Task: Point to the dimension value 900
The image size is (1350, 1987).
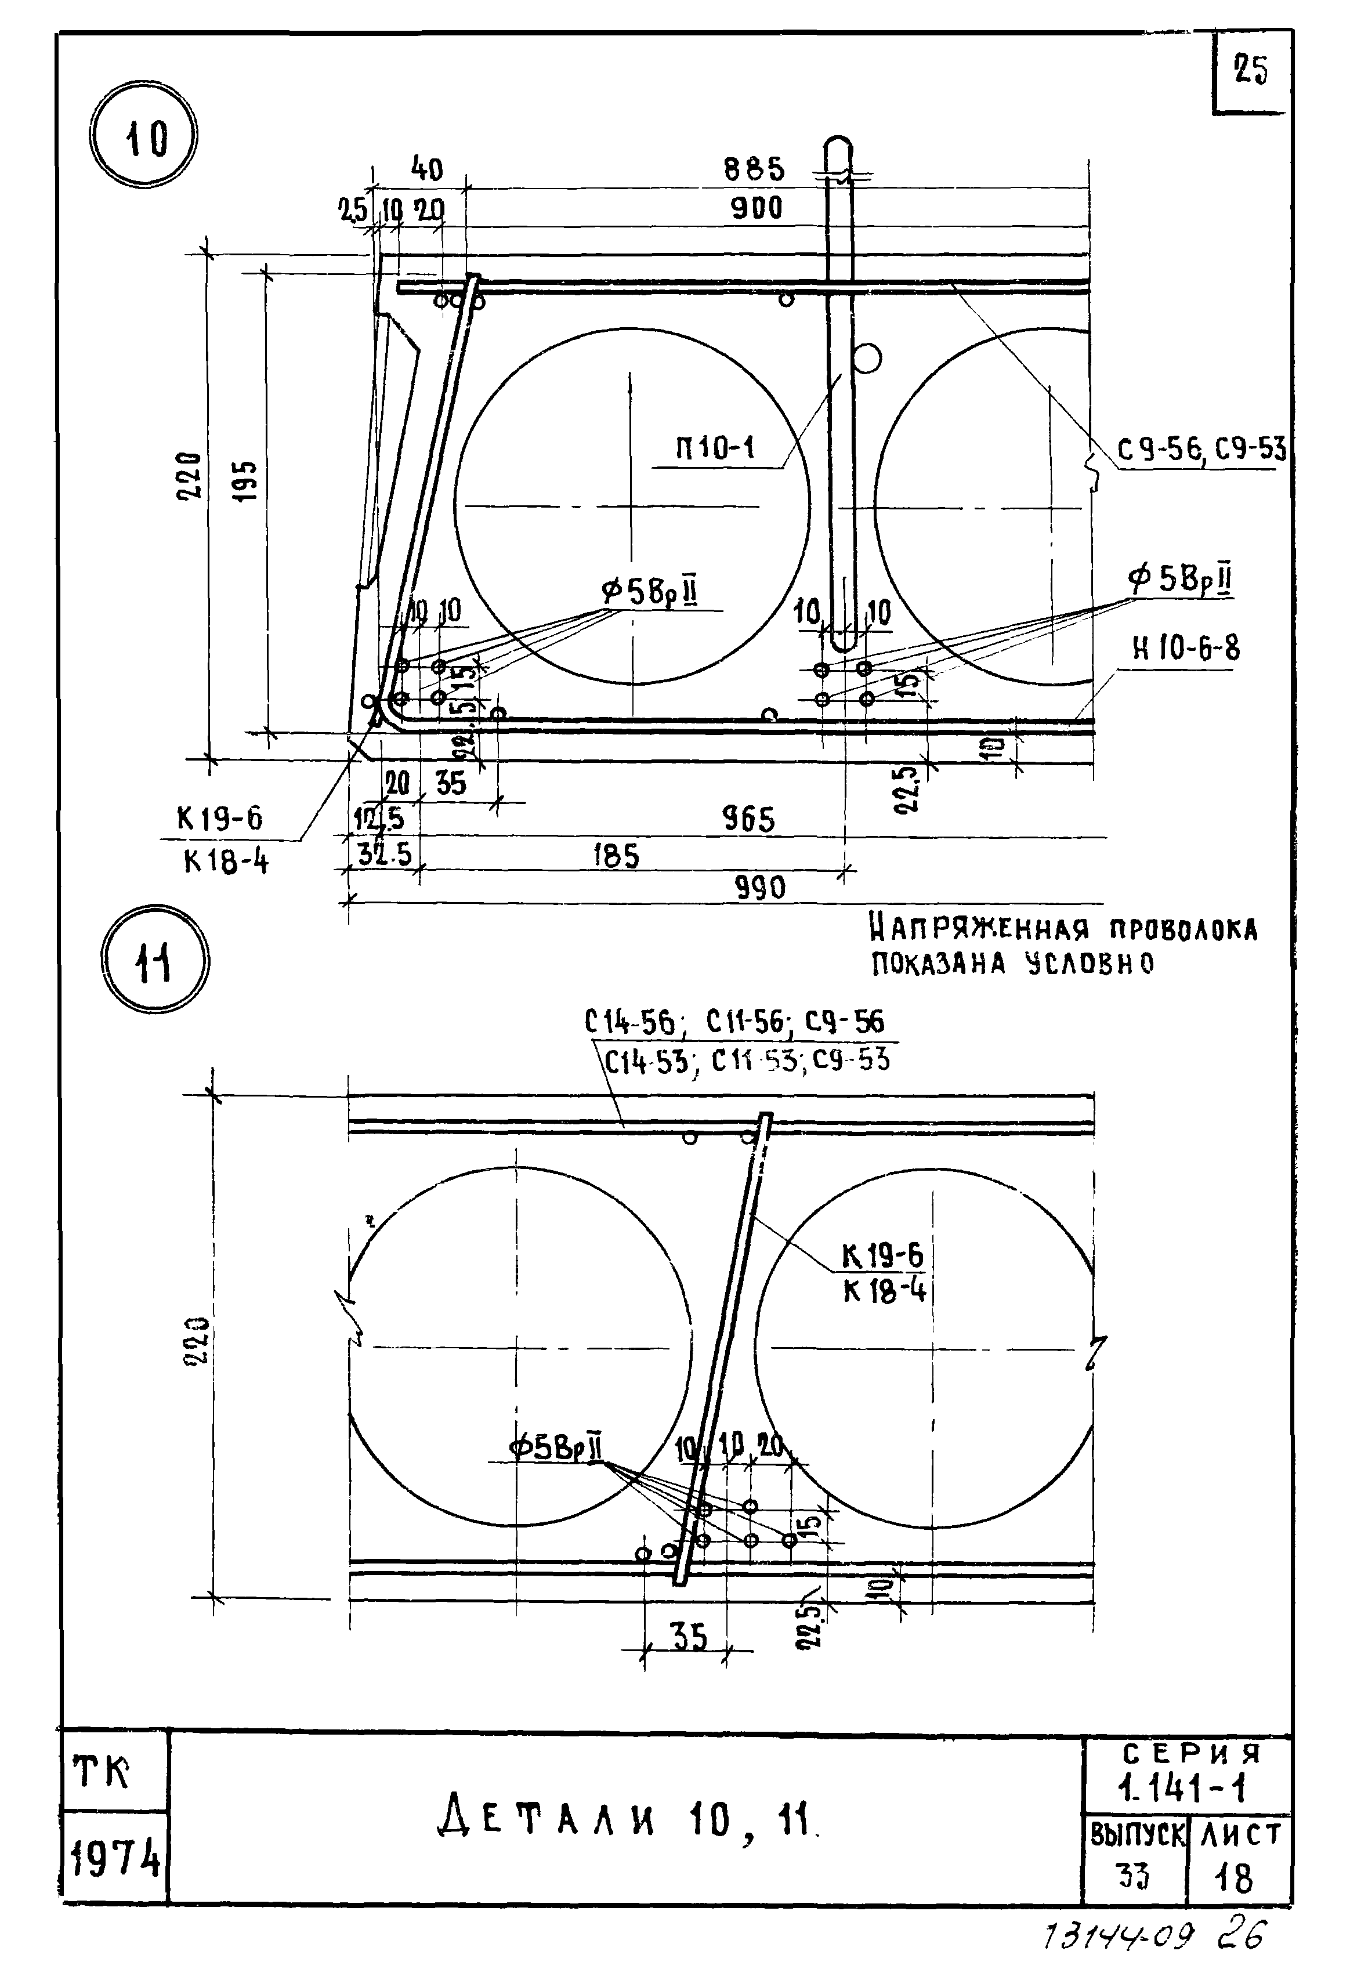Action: tap(757, 208)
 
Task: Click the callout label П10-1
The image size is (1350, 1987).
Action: tap(715, 448)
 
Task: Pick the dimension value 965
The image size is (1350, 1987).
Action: tap(749, 820)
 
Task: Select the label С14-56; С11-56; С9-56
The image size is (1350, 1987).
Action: tap(734, 1022)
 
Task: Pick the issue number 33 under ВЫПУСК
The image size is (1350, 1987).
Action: tap(1133, 1877)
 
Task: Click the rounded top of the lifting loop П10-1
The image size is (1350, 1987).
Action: tap(839, 144)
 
